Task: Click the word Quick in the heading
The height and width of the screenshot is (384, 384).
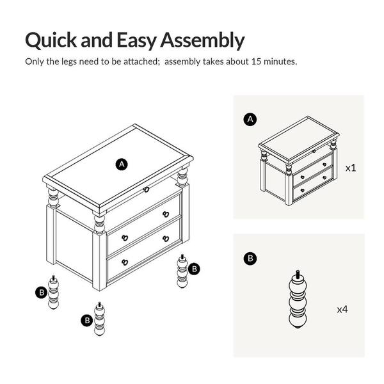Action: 51,40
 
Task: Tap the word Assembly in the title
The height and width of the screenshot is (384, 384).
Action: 202,40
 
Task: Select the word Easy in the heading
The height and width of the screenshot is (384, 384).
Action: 136,40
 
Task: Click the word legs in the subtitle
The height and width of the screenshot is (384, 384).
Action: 69,61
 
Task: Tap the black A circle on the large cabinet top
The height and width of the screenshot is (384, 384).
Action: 122,164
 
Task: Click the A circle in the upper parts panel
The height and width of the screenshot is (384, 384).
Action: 250,120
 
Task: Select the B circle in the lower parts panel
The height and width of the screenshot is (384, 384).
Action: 250,259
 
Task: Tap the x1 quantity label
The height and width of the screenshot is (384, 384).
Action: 351,168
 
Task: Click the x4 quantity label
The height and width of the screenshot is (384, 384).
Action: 342,310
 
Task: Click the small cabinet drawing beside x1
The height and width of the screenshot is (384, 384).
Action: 298,161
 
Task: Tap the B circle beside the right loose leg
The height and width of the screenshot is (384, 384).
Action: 194,269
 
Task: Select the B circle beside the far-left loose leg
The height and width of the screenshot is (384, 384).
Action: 42,292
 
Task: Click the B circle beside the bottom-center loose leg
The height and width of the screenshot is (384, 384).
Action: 87,321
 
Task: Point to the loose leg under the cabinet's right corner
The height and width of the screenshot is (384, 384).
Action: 182,271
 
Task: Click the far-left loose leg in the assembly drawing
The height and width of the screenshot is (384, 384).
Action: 53,292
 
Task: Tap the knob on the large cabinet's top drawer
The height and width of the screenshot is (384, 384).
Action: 147,189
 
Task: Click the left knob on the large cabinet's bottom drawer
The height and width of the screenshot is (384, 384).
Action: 125,262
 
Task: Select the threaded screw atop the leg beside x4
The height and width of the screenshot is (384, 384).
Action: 298,273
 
